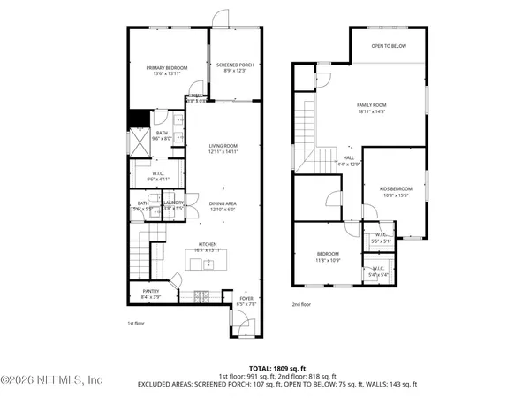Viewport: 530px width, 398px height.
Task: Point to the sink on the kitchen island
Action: coord(208,263)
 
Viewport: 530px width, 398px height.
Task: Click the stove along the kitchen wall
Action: coord(202,295)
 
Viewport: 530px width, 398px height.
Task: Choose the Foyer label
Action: coord(246,299)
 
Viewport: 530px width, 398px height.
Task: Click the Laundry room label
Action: coord(173,203)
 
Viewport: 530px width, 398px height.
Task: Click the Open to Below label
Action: coord(389,45)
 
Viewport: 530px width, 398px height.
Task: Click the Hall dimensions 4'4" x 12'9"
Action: coord(350,164)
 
